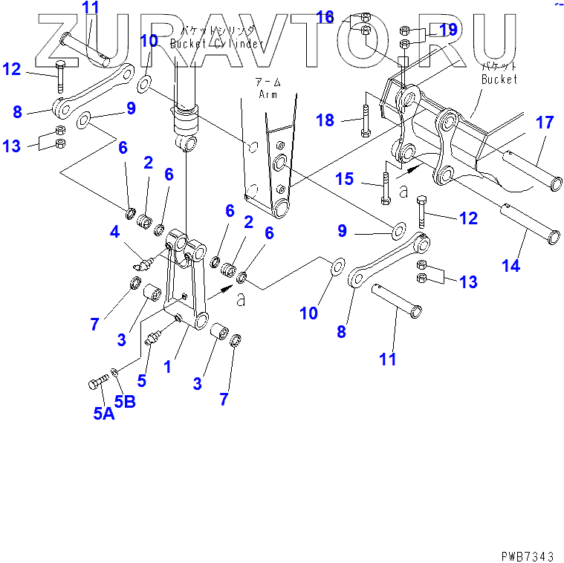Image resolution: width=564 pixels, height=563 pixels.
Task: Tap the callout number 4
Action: [115, 232]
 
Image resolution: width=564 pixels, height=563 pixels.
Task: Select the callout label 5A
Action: [103, 414]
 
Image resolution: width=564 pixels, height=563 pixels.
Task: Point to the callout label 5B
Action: [124, 402]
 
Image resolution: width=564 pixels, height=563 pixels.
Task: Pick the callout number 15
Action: [345, 178]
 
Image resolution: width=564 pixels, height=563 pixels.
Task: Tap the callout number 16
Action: [325, 16]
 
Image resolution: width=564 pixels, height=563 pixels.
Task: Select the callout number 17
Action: [545, 123]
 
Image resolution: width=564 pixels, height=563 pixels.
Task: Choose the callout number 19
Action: [447, 30]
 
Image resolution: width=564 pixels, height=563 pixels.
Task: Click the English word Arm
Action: [268, 94]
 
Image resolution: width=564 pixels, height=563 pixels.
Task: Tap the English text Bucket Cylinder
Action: [216, 44]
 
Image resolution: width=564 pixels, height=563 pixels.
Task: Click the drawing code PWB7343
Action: [526, 554]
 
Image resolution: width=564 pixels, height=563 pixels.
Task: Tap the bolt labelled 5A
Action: [97, 384]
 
